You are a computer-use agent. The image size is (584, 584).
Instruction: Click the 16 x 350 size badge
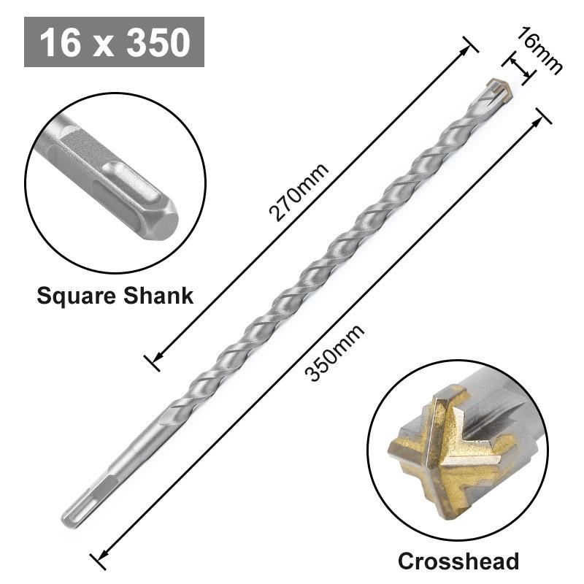pyautogui.click(x=114, y=42)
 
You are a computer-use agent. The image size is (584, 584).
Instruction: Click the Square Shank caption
pyautogui.click(x=115, y=296)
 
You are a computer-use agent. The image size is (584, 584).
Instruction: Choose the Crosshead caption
pyautogui.click(x=458, y=561)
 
